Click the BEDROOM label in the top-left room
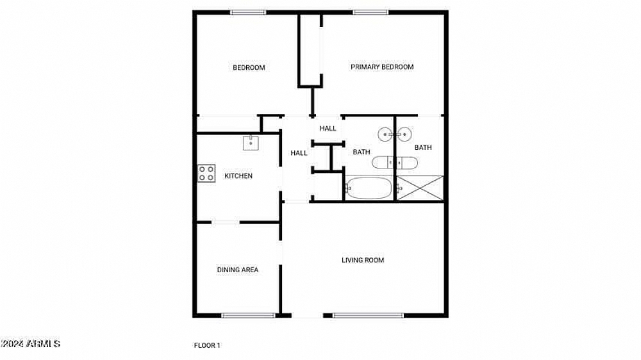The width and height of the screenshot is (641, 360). tap(249, 67)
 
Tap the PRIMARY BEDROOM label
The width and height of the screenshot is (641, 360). tap(382, 67)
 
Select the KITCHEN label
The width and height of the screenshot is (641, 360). tap(238, 176)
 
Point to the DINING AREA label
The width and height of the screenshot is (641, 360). tap(238, 270)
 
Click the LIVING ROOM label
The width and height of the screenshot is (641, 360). tap(363, 260)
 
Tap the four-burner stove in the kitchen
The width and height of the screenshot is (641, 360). tap(206, 173)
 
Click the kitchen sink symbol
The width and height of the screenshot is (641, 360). tap(251, 143)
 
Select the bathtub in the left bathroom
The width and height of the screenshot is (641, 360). tap(369, 188)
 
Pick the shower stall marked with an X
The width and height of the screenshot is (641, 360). tap(420, 188)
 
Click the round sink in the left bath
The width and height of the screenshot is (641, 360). tap(385, 134)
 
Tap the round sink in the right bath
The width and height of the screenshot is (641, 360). tap(404, 134)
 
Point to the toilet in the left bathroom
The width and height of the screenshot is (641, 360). tap(383, 163)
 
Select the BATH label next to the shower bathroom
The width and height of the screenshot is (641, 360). tap(423, 147)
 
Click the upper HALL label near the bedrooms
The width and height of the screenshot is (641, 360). tap(328, 129)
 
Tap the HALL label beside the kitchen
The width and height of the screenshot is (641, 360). tap(299, 153)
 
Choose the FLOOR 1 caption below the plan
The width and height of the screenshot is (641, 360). tap(207, 345)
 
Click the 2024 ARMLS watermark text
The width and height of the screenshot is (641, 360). tap(30, 344)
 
